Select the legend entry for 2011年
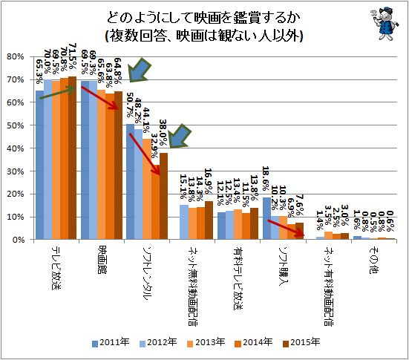pos(111,342)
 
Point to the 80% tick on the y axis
pos(15,56)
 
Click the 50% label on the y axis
pos(15,125)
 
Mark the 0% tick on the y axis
pos(17,240)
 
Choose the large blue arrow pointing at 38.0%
pos(179,138)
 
